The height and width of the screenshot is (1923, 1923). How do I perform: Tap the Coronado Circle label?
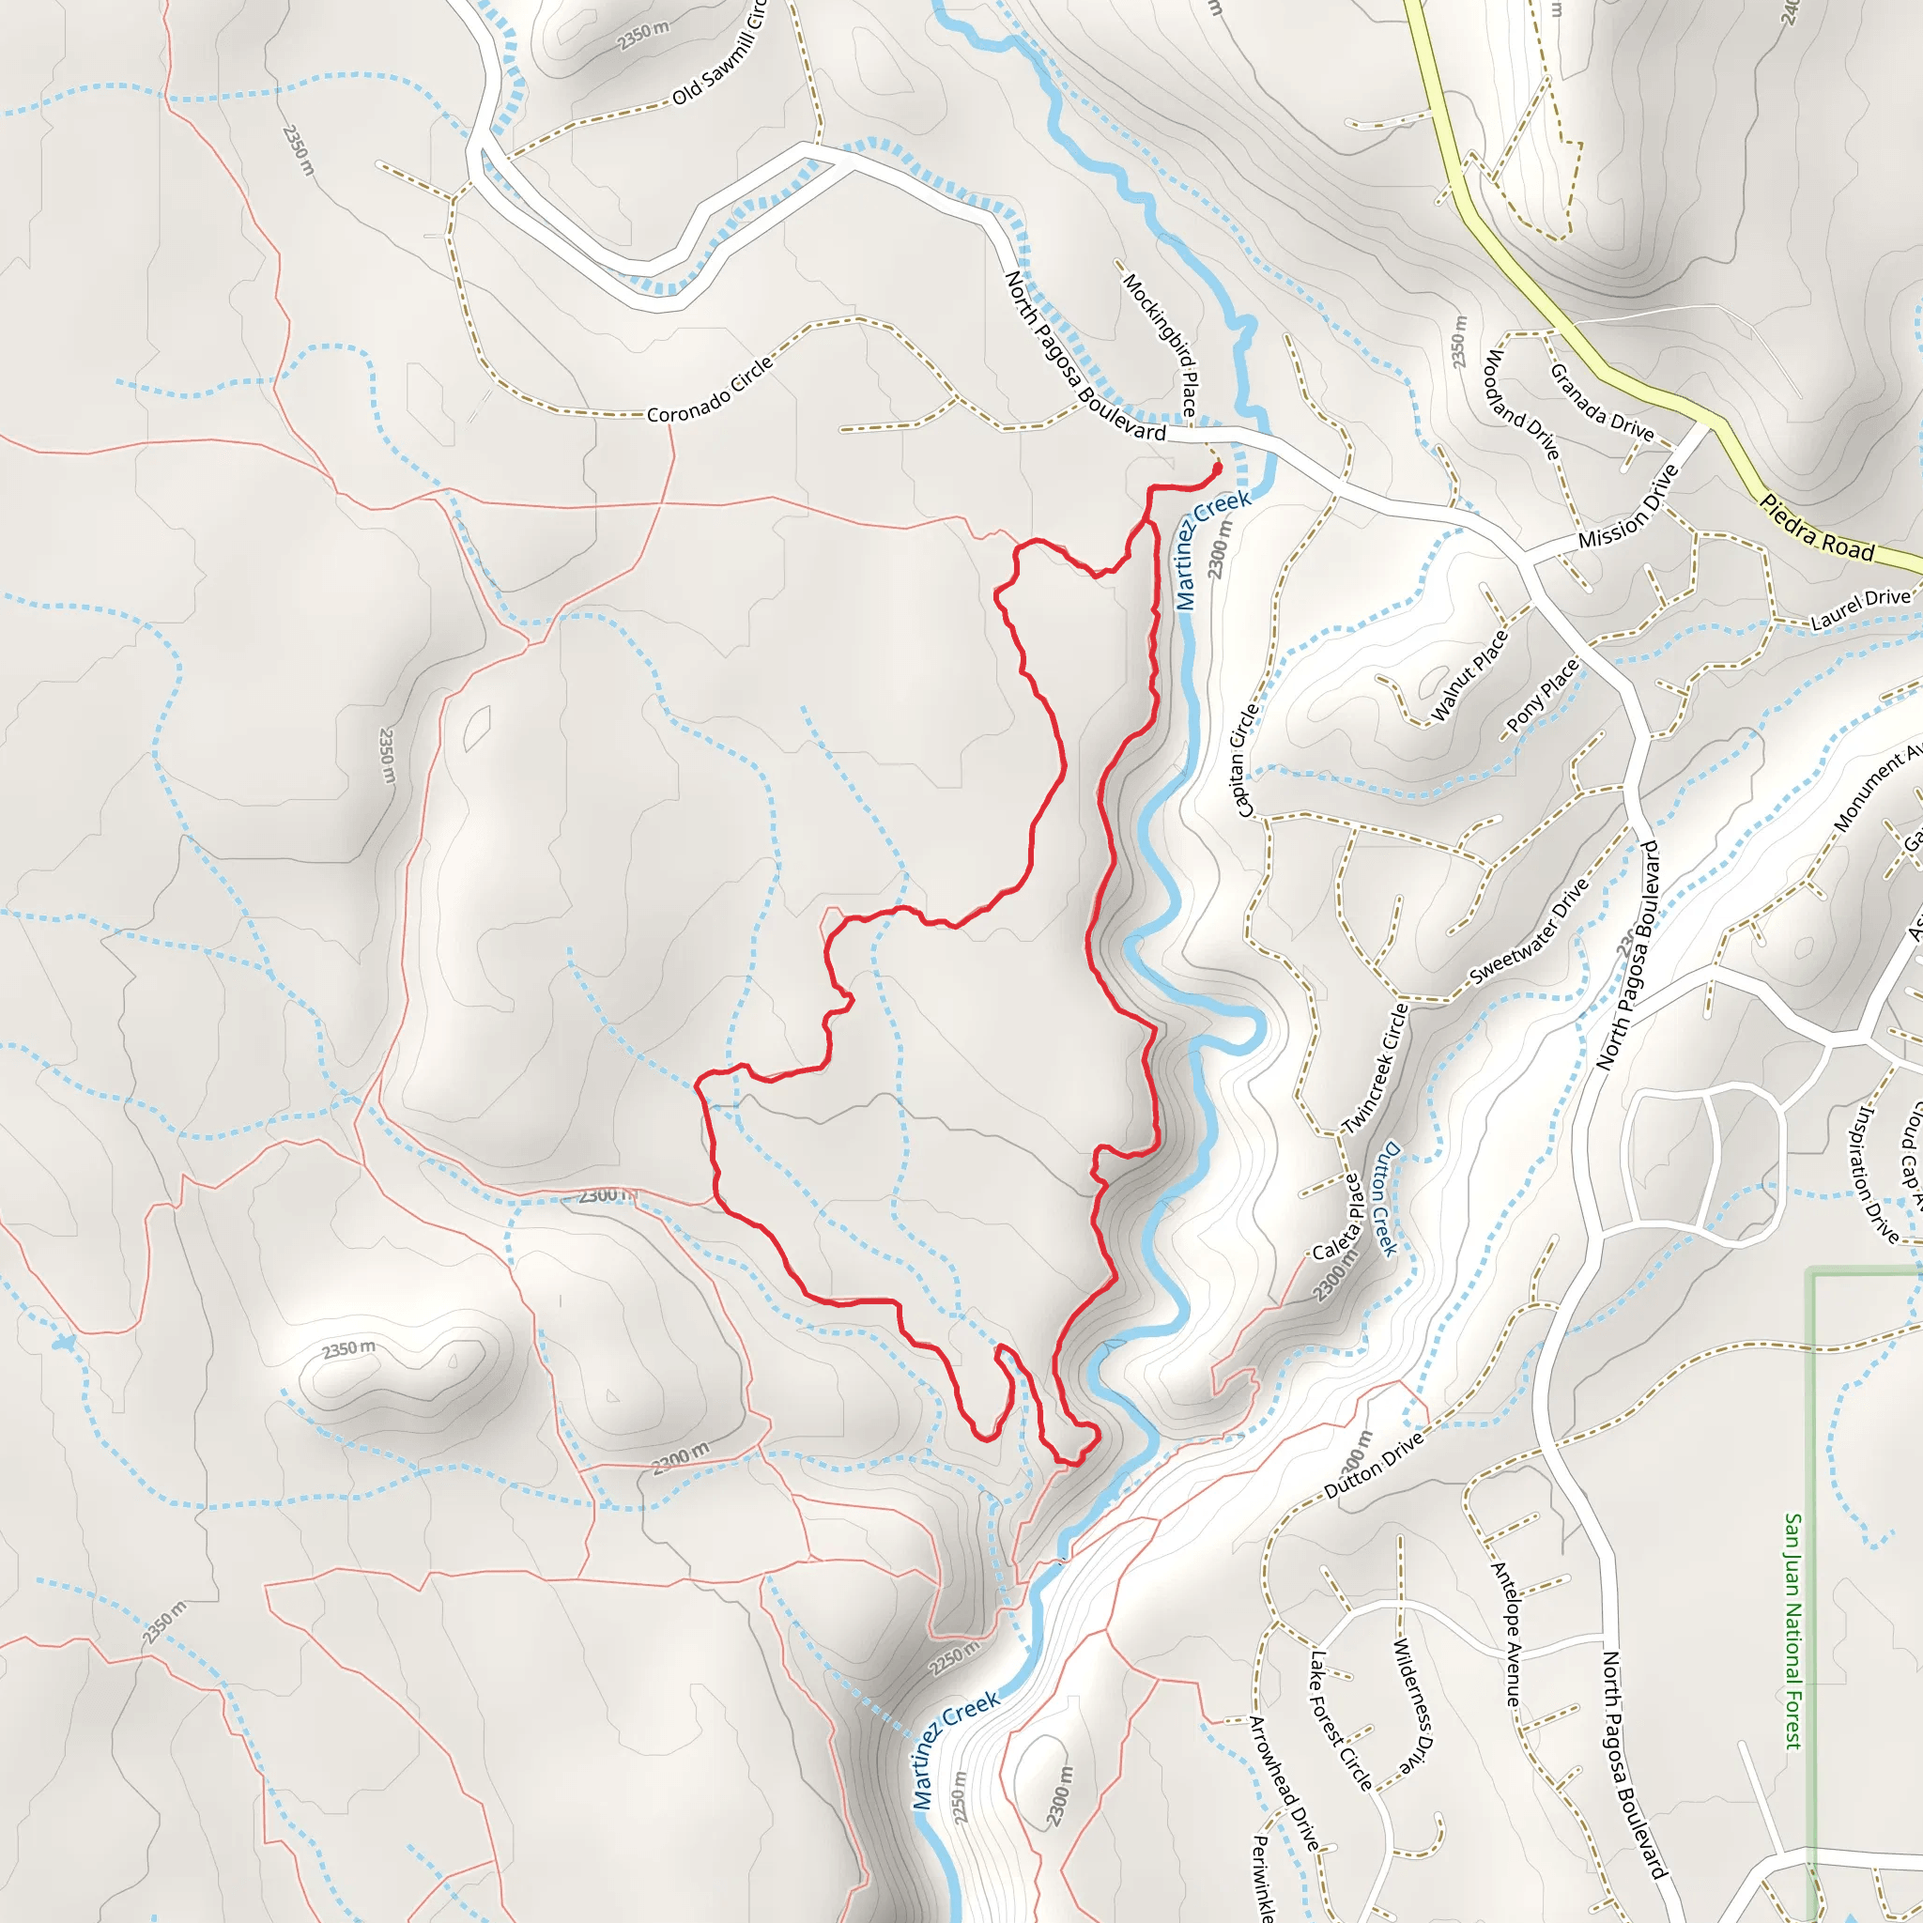(710, 392)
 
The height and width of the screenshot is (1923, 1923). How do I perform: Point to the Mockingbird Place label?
(1161, 344)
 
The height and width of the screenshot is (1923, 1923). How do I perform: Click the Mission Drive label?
(1628, 507)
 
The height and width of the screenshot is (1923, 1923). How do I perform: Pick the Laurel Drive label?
(1860, 609)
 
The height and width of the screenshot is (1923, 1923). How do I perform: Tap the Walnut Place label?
(1469, 676)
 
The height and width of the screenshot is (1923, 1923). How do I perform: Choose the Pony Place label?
(1542, 696)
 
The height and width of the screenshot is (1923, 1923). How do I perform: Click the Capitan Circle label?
(1246, 761)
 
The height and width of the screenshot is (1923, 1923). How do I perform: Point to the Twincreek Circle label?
(1376, 1068)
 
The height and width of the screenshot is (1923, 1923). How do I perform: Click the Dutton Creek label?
(1386, 1198)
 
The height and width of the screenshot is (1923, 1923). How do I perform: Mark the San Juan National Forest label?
(1792, 1631)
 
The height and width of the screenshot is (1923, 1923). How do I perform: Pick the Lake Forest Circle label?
(1341, 1720)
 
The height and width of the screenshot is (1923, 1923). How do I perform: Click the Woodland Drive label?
(1522, 404)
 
